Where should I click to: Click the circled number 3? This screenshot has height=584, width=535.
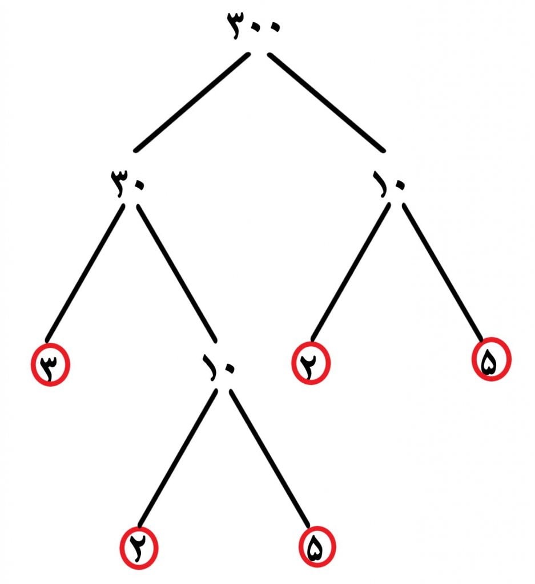tap(50, 364)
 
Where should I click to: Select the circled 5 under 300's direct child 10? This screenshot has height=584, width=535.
tap(491, 359)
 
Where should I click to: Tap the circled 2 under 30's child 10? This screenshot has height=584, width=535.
tap(139, 548)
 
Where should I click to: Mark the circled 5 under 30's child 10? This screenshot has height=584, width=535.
tap(317, 546)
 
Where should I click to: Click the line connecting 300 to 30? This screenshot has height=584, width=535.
tap(192, 103)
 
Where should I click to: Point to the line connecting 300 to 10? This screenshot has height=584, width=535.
tap(326, 103)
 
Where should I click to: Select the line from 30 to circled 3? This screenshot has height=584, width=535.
tap(85, 273)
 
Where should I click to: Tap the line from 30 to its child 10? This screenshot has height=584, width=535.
tap(177, 273)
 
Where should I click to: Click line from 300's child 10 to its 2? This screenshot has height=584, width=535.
tap(351, 272)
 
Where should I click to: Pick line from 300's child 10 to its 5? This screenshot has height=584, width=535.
tap(443, 272)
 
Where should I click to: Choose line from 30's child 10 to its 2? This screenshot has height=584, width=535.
tap(177, 458)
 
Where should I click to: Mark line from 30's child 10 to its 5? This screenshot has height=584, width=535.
tap(269, 458)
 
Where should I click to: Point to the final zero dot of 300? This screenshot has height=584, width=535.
tap(275, 27)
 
